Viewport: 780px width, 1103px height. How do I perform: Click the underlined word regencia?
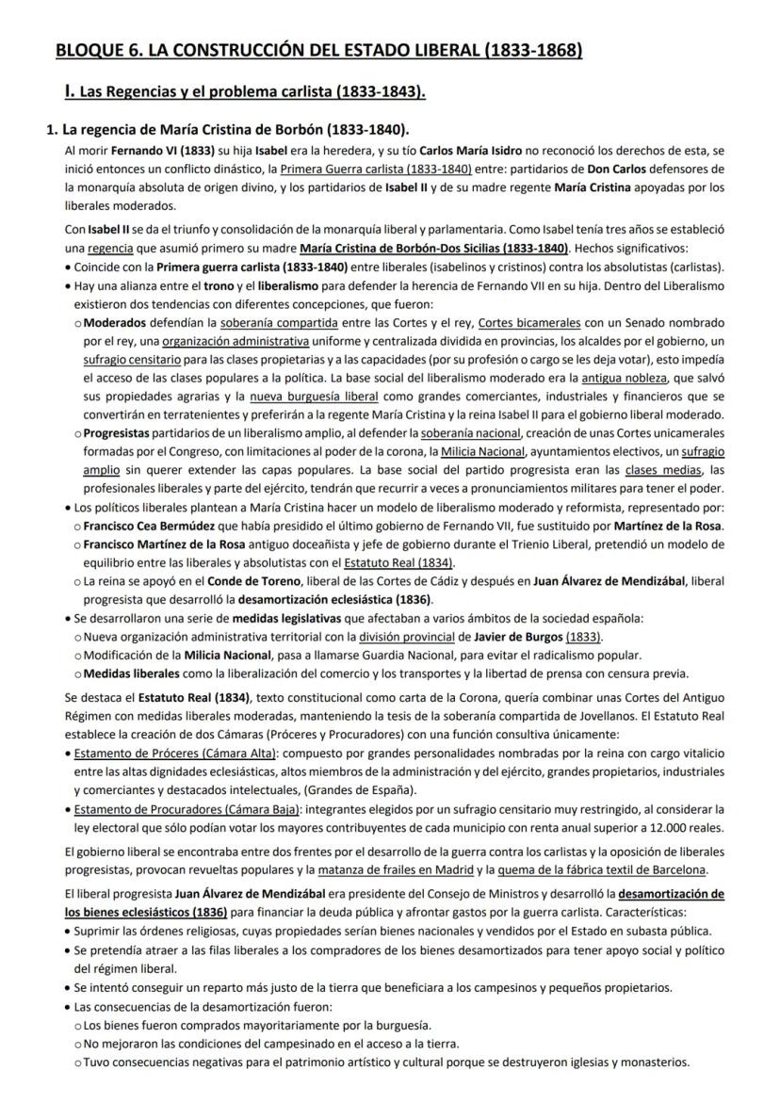(109, 248)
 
